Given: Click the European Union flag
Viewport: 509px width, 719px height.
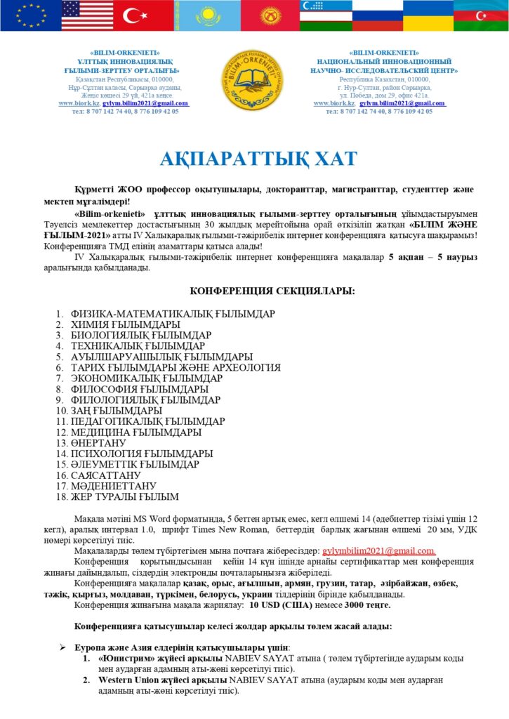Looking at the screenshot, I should (x=29, y=15).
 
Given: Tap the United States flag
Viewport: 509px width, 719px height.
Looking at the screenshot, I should (x=82, y=15).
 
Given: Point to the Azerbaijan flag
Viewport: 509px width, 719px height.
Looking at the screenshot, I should (x=481, y=15).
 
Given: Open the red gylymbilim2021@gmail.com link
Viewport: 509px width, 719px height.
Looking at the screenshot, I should (x=379, y=552).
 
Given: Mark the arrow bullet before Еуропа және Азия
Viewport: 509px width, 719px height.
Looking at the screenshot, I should (x=63, y=647).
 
